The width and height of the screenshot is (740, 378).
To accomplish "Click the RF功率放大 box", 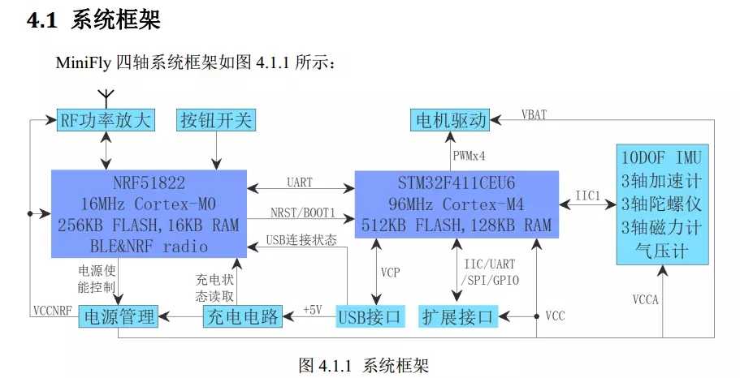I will pyautogui.click(x=106, y=121).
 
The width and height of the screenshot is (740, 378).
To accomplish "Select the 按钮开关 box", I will pyautogui.click(x=215, y=121).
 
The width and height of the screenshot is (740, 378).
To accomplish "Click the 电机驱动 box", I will pyautogui.click(x=451, y=121).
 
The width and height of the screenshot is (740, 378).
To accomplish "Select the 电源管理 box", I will pyautogui.click(x=117, y=316).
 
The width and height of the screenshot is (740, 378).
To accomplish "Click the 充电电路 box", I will pyautogui.click(x=241, y=316).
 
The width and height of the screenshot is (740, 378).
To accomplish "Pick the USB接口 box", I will pyautogui.click(x=370, y=316).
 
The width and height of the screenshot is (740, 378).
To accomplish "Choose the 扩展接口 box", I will pyautogui.click(x=458, y=316).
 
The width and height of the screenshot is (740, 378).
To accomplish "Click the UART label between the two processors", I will pyautogui.click(x=300, y=183).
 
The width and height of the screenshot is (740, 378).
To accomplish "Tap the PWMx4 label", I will pyautogui.click(x=468, y=154).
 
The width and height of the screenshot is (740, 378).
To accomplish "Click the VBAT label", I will pyautogui.click(x=533, y=114).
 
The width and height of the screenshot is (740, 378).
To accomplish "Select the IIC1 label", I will pyautogui.click(x=587, y=195).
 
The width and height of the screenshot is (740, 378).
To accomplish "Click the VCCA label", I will pyautogui.click(x=646, y=299).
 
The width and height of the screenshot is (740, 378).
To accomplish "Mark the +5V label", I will pyautogui.click(x=313, y=310).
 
